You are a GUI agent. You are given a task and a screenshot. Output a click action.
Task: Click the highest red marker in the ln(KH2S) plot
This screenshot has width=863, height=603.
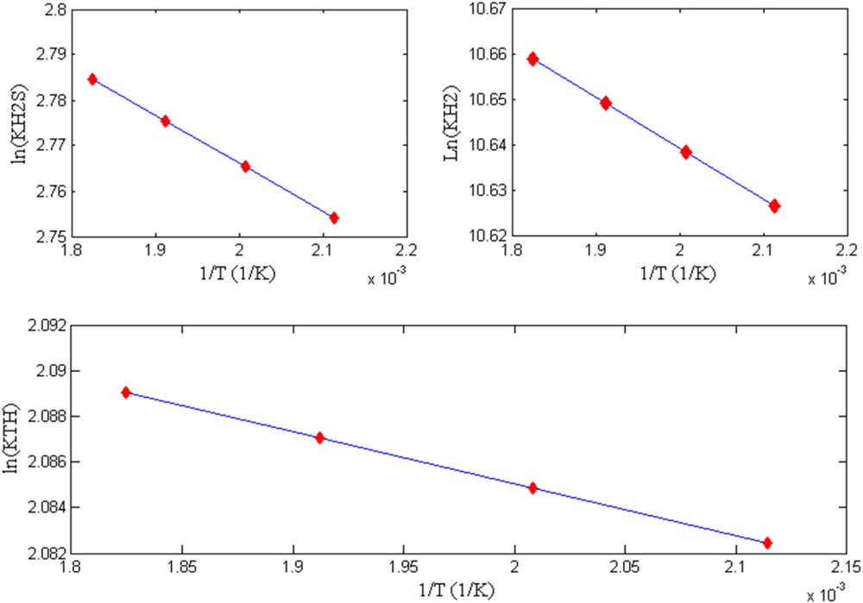[x=92, y=79]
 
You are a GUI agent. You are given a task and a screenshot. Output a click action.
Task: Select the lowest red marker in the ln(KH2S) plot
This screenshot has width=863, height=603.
[x=334, y=217]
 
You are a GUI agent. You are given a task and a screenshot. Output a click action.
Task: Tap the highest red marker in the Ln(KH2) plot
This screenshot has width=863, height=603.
[x=532, y=59]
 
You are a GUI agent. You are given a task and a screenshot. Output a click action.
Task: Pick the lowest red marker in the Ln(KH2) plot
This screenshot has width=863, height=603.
[x=774, y=206]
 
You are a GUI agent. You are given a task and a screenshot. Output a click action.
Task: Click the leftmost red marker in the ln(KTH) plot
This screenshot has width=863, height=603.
[x=126, y=393]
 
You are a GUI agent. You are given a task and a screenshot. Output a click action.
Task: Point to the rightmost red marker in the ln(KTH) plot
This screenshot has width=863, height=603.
[x=767, y=543]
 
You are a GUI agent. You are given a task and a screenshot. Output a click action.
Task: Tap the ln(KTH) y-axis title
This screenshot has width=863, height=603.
[x=13, y=438]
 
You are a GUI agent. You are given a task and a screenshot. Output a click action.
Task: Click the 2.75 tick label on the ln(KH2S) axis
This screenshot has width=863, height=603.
[x=54, y=236]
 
